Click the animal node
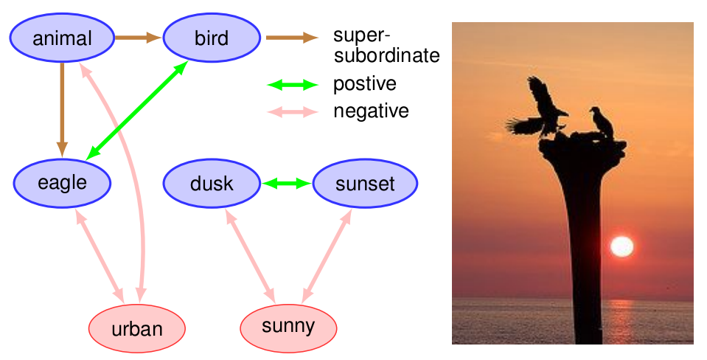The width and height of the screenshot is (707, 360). tap(63, 38)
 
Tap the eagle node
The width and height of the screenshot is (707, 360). tap(62, 183)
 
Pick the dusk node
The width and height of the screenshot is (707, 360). tap(212, 183)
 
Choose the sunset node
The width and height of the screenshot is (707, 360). tap(365, 183)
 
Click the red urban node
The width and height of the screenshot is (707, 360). tap(136, 328)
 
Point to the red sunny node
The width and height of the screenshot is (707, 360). tap(288, 326)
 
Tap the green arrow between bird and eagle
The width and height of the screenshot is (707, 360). tap(136, 111)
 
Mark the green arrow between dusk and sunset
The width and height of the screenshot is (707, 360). tap(288, 183)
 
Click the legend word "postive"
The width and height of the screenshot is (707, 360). tap(364, 84)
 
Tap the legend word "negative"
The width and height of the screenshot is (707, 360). tap(370, 111)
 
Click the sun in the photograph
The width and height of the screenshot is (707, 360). tap(621, 246)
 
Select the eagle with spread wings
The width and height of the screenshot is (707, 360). tap(539, 111)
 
